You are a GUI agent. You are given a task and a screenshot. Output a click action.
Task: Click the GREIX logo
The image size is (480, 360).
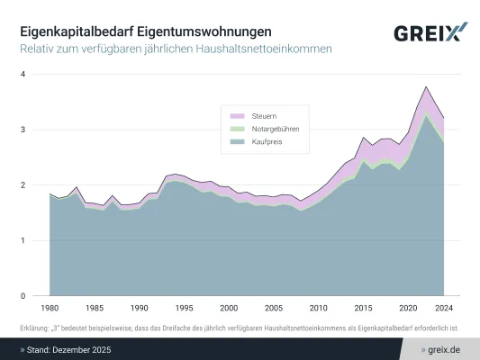pos(430,33)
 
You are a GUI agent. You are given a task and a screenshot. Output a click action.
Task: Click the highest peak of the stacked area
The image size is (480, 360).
pos(426,87)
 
